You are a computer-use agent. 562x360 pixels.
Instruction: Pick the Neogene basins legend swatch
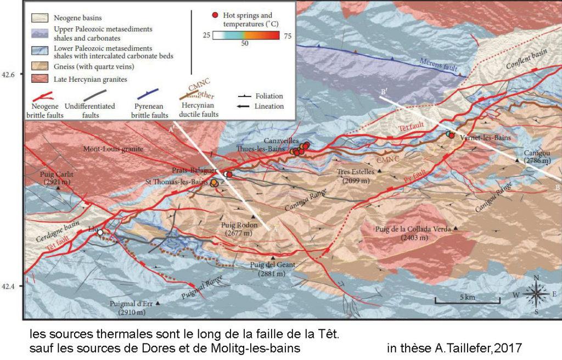[40, 18]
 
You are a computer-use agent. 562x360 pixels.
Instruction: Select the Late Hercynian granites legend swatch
[40, 79]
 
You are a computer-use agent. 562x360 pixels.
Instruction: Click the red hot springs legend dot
[216, 13]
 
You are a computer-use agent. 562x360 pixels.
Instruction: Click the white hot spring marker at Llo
[100, 233]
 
